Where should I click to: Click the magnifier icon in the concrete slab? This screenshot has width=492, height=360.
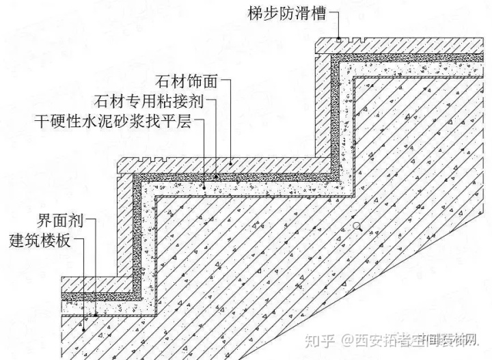click(x=357, y=225)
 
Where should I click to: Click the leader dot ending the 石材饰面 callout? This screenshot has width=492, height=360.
click(x=231, y=163)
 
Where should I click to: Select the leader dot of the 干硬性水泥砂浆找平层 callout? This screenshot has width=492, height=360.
click(x=204, y=185)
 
